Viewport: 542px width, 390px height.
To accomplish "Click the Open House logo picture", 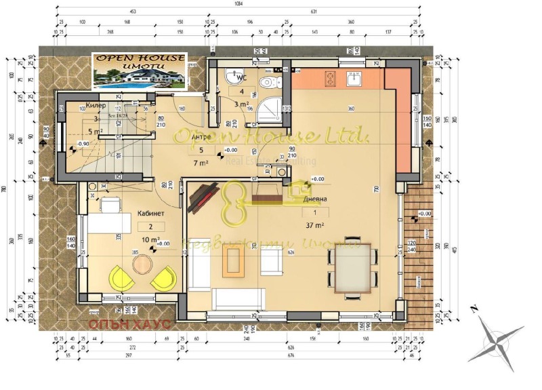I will pos(139,72).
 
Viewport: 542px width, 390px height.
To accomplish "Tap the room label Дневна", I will pos(316,199).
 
